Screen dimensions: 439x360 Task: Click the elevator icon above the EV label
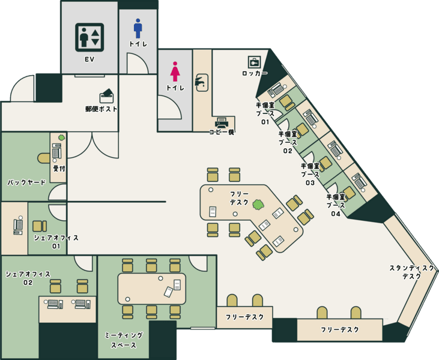tap(89, 37)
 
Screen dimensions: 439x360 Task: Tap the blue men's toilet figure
tap(138, 28)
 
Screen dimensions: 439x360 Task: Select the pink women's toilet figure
tap(175, 71)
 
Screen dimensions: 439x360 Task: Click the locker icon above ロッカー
tap(254, 62)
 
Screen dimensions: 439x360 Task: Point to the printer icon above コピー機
tap(222, 122)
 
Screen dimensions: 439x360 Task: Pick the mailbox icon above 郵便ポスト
tap(107, 96)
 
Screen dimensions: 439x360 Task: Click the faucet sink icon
tap(201, 82)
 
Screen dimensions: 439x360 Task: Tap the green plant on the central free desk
tap(258, 205)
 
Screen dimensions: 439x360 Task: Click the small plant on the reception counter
tap(61, 137)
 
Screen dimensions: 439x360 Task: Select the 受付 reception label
tap(59, 169)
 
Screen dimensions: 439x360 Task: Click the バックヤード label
tap(26, 182)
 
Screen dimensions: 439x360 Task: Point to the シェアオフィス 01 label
tap(56, 242)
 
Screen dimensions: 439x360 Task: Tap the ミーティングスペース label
tap(124, 340)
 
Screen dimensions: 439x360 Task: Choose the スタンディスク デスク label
tap(411, 272)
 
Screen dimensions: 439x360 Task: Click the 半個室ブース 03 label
tap(310, 174)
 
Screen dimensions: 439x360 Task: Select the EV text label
tap(89, 59)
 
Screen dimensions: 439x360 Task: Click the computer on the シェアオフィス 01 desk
tap(18, 225)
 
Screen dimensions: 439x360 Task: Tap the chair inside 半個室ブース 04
tap(348, 193)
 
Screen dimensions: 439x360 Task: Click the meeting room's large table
tap(152, 289)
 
